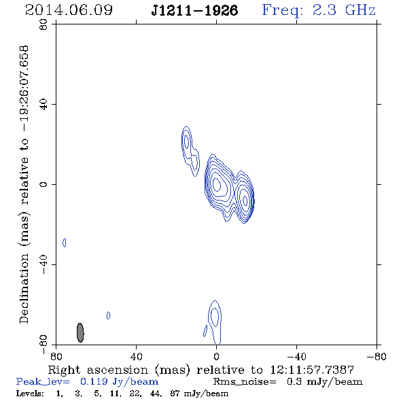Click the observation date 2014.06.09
69,10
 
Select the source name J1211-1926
194,11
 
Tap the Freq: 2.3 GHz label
319,10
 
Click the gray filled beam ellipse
80,332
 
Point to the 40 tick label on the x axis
136,357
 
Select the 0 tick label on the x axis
216,357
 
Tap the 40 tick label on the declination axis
43,105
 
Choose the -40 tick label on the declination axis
43,264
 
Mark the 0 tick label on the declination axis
43,184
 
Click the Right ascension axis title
201,370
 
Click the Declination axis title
24,185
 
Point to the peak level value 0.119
94,381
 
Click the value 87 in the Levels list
175,393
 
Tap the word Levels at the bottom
30,393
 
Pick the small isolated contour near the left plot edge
64,243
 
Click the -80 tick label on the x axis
377,357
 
